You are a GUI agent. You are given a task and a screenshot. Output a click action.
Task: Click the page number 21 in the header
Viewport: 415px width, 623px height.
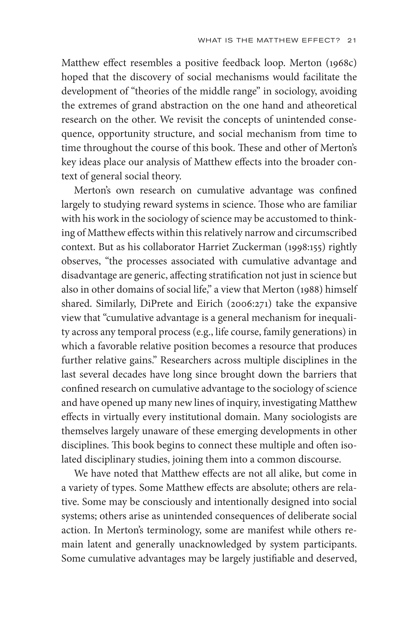pyautogui.click(x=352, y=40)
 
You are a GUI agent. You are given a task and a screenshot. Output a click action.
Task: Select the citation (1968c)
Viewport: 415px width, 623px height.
pyautogui.click(x=341, y=63)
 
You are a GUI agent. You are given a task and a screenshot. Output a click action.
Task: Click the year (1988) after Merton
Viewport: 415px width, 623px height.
pyautogui.click(x=308, y=289)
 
